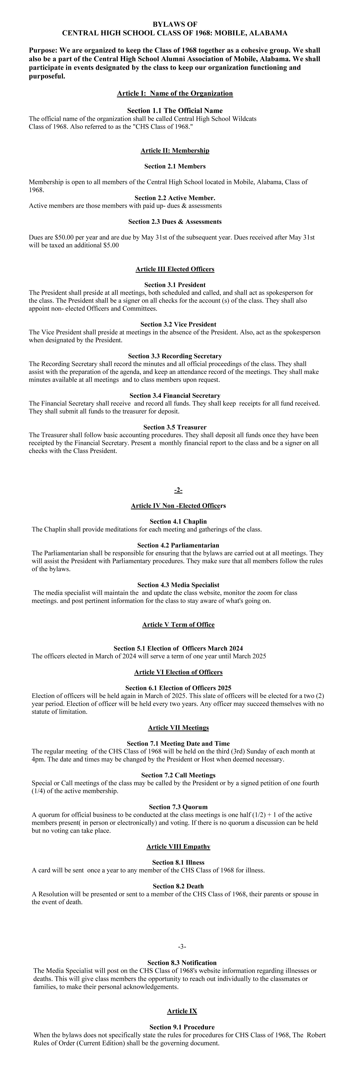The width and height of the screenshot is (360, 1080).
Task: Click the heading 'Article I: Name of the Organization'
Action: pyautogui.click(x=175, y=93)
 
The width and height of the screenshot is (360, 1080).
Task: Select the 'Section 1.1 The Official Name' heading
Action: pyautogui.click(x=175, y=111)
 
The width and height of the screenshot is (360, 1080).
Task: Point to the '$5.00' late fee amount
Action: pyautogui.click(x=111, y=245)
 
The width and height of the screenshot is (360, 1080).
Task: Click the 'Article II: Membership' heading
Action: pyautogui.click(x=175, y=150)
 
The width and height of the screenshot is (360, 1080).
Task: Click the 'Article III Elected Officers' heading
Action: pyautogui.click(x=175, y=269)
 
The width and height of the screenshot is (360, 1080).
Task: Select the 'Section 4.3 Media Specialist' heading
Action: pyautogui.click(x=178, y=585)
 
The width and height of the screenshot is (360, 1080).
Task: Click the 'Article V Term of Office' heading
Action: pyautogui.click(x=178, y=625)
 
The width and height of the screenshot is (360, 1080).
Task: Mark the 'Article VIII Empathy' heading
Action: pyautogui.click(x=178, y=846)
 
